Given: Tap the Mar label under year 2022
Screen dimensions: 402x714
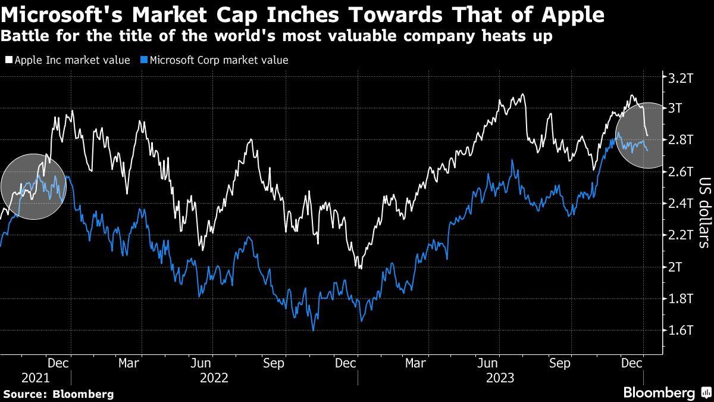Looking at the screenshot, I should (129, 362).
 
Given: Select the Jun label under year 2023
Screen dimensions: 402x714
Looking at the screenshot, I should (488, 362).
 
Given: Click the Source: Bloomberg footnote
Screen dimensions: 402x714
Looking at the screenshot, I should (58, 394).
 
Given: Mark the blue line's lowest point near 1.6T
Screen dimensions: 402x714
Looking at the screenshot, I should (312, 330).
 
